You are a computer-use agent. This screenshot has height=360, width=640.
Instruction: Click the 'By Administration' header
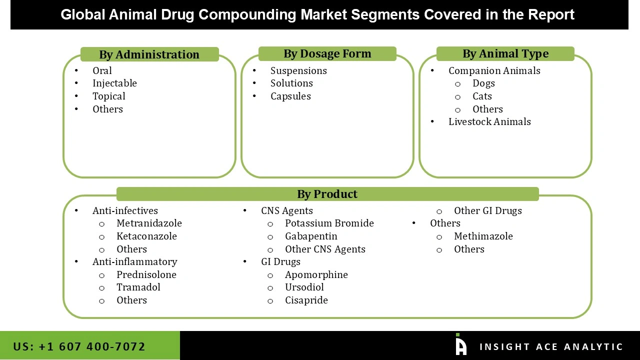(149, 54)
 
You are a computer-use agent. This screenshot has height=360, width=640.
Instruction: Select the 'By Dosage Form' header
(327, 53)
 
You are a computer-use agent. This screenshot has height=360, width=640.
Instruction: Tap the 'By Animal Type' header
(505, 53)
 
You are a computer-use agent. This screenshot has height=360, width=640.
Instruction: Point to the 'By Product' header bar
(327, 194)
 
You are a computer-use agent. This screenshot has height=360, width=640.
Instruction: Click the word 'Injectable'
(114, 83)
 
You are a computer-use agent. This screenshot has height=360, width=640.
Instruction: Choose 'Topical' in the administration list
(108, 96)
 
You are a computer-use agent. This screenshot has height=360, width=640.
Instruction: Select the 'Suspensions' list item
(298, 70)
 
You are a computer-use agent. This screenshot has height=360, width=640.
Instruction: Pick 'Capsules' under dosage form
(290, 96)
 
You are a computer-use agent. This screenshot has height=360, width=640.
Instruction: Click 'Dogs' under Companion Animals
(483, 83)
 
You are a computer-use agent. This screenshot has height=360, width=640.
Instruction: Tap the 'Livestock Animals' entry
(489, 121)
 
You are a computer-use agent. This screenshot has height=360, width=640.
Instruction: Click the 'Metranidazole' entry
(149, 223)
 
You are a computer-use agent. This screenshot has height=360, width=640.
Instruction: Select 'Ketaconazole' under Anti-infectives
(146, 236)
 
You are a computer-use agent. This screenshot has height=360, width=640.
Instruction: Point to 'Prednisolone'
(146, 274)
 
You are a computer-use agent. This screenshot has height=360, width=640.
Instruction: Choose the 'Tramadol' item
(138, 287)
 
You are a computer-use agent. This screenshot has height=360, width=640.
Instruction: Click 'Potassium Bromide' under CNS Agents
(329, 223)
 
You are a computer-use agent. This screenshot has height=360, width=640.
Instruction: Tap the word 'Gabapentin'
(311, 236)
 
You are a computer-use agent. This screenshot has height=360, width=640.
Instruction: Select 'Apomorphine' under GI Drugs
(316, 274)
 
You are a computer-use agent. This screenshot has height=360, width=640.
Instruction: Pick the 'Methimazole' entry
(483, 236)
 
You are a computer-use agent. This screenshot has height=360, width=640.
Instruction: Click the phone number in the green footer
(79, 346)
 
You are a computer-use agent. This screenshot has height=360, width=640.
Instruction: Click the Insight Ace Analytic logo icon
(460, 345)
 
